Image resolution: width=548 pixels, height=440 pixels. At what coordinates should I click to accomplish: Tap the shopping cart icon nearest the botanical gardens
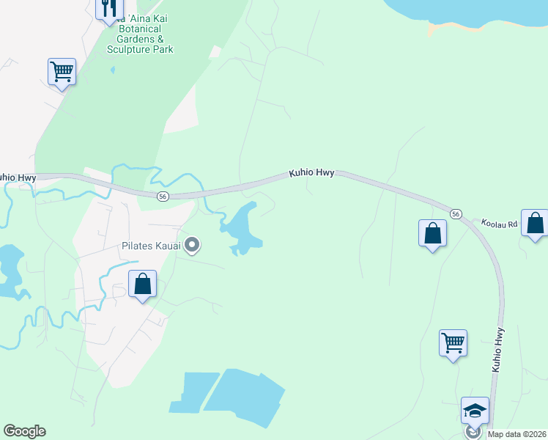62,72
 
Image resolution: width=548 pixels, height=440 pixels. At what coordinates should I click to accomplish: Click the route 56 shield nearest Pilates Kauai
163,196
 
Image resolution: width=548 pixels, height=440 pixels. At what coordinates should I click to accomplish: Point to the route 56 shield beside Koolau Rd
456,213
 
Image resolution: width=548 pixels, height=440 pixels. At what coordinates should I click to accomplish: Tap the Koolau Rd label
499,223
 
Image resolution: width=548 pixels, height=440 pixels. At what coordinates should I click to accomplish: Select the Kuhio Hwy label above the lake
311,173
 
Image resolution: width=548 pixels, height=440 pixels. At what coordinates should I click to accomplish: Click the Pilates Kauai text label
151,246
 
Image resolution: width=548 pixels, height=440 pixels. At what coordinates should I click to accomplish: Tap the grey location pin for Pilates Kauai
192,245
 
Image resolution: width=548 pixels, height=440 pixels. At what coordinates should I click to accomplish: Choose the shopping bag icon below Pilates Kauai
142,283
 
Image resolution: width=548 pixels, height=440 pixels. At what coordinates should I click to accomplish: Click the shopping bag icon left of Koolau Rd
432,233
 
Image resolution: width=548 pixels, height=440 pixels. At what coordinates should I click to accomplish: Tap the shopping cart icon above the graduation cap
453,342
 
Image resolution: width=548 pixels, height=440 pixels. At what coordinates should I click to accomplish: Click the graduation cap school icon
475,410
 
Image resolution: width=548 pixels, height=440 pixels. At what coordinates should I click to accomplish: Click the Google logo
24,431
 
